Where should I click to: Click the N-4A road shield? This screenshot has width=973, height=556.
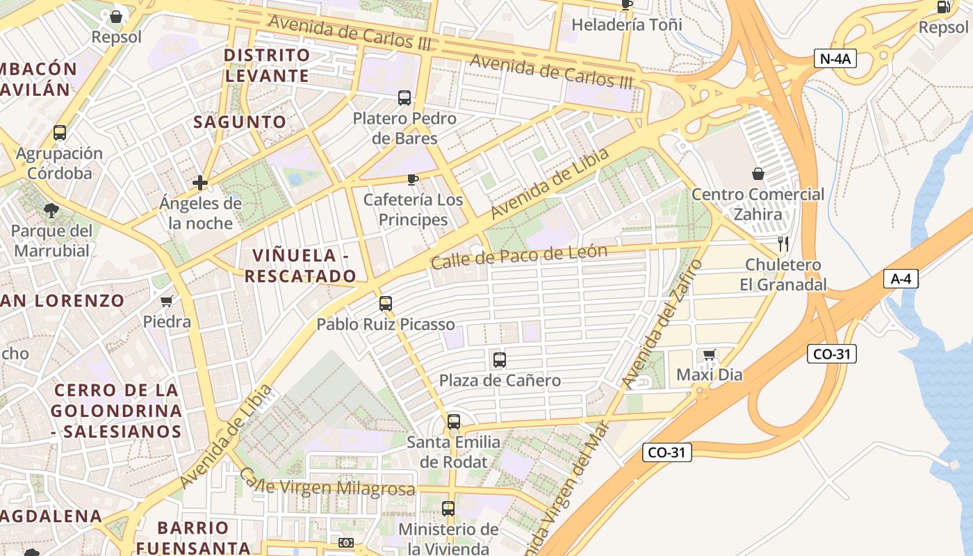click(x=835, y=59)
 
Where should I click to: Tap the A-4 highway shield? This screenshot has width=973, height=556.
click(x=901, y=279)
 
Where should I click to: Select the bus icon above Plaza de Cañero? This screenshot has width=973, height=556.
click(x=499, y=360)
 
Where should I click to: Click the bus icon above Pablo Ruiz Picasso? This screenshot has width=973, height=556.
click(x=386, y=304)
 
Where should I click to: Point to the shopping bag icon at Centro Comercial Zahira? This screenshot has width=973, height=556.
click(x=758, y=174)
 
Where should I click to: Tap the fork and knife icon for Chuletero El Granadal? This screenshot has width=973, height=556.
click(x=783, y=244)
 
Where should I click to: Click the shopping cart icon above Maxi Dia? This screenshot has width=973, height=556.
click(x=709, y=355)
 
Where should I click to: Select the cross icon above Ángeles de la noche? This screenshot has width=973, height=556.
click(x=200, y=183)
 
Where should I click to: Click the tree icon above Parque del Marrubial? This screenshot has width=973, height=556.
click(x=51, y=210)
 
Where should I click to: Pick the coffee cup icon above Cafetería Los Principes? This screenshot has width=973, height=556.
click(x=413, y=180)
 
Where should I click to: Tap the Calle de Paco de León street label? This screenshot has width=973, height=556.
click(x=518, y=257)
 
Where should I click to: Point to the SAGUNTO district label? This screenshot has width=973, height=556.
click(x=240, y=122)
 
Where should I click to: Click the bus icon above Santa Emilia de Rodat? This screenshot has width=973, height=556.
click(x=454, y=422)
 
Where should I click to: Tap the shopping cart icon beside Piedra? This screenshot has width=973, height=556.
click(x=166, y=302)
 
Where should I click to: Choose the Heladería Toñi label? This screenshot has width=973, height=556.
click(x=626, y=25)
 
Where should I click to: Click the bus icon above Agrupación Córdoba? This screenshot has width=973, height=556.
click(x=60, y=133)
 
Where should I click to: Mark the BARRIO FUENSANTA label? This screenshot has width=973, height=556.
click(x=193, y=537)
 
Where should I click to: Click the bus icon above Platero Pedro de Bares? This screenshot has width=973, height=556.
click(x=404, y=98)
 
